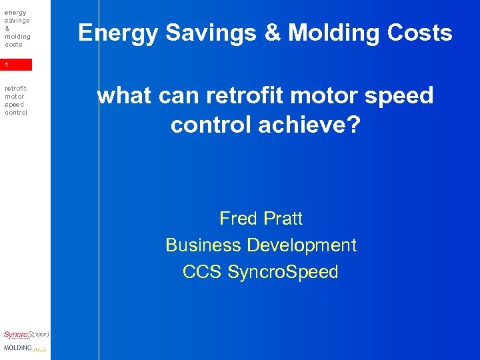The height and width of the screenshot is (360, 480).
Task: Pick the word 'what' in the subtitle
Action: click(123, 96)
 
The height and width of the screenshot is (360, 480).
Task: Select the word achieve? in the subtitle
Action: click(309, 124)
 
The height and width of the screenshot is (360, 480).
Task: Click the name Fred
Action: click(237, 218)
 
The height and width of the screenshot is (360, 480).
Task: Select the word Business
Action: click(203, 245)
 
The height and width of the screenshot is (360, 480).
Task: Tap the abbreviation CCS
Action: click(203, 272)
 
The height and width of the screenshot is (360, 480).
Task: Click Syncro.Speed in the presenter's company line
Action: click(283, 272)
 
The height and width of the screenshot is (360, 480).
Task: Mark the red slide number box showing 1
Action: click(16, 65)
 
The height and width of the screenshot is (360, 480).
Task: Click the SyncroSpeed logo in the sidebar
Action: click(26, 335)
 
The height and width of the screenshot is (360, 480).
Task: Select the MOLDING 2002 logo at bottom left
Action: click(25, 349)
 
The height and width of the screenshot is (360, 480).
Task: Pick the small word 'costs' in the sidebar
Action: click(13, 45)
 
